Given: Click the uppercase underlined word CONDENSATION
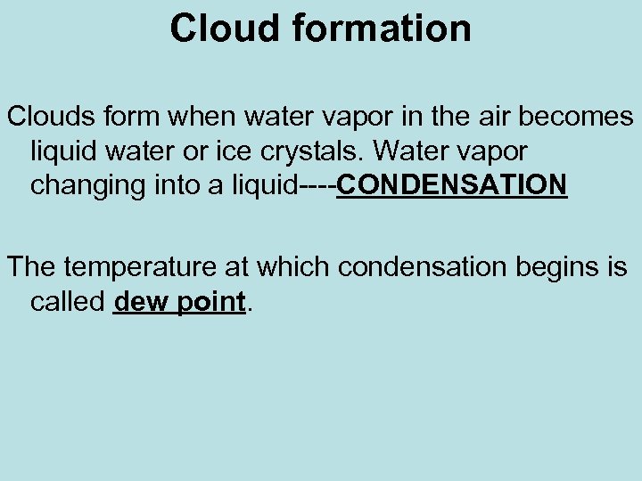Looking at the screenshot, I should [452, 185].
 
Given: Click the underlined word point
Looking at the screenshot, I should [210, 302].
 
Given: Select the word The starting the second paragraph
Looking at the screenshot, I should [32, 266].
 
